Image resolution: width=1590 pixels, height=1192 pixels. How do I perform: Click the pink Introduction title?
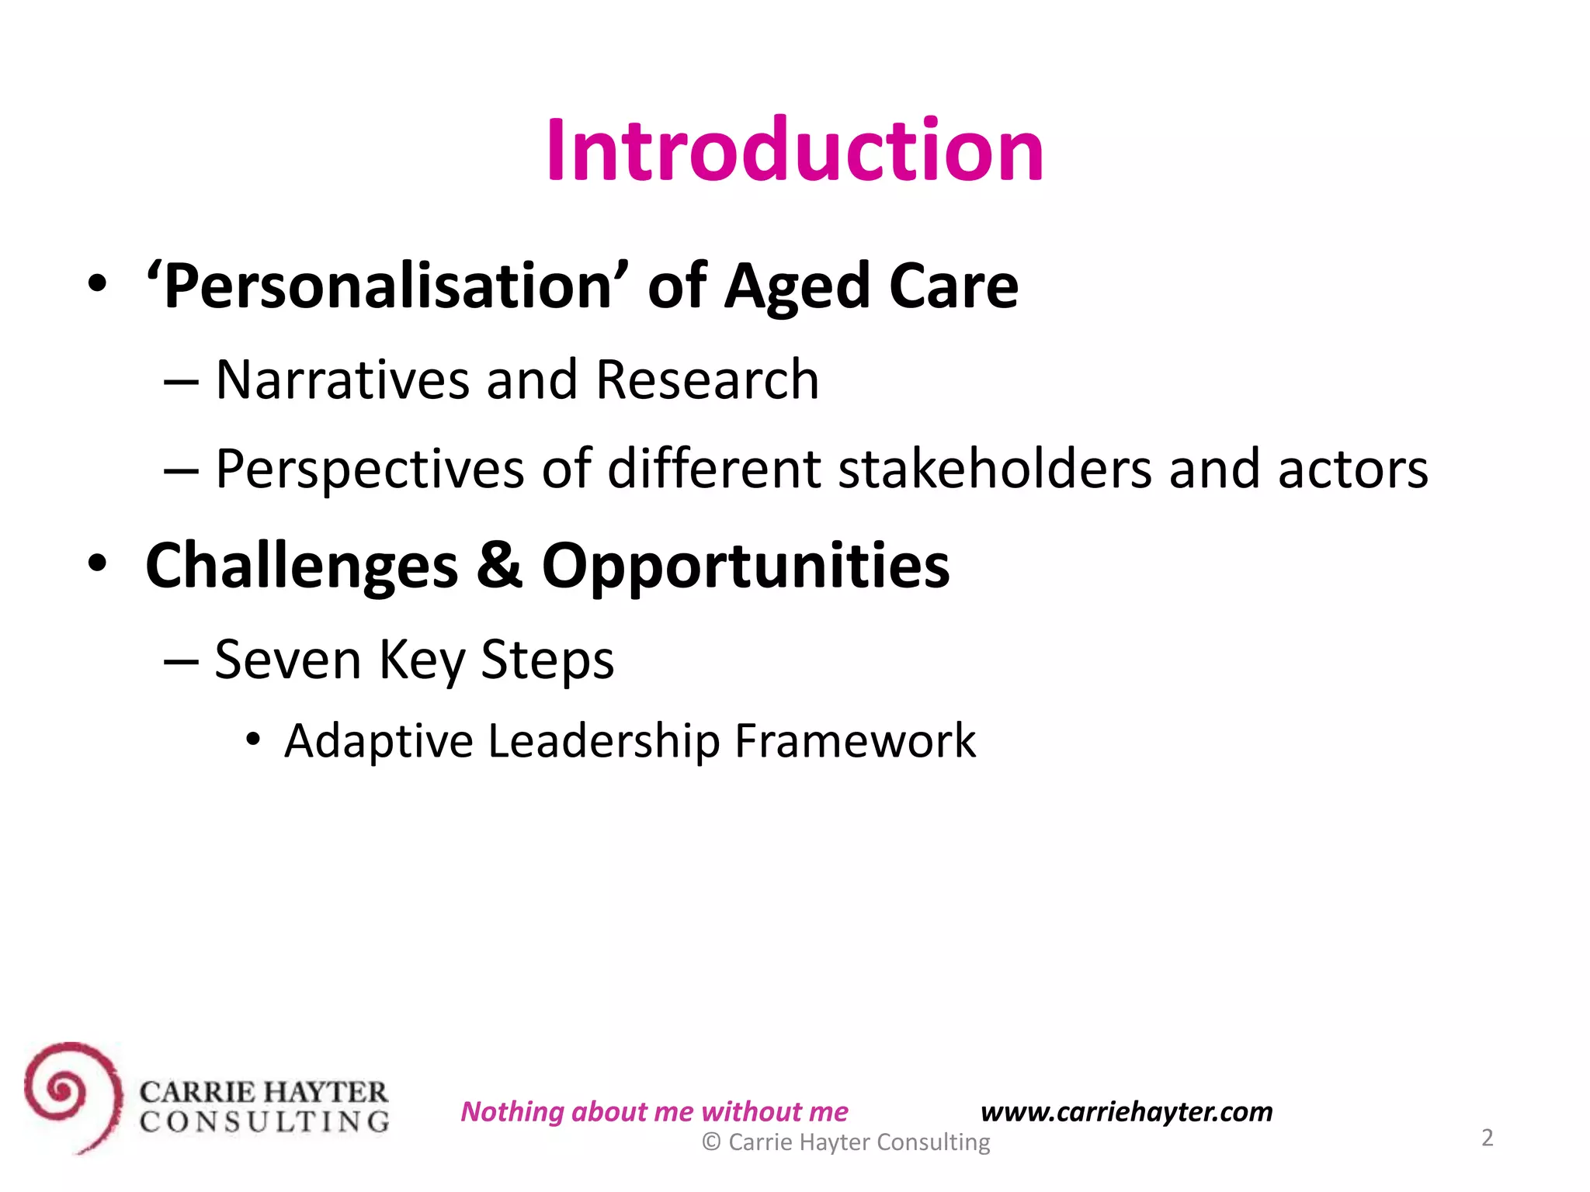(794, 150)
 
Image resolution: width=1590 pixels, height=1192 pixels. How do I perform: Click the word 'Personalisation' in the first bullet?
(388, 286)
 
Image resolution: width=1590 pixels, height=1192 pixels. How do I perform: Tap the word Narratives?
(342, 380)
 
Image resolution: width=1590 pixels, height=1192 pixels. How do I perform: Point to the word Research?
(706, 380)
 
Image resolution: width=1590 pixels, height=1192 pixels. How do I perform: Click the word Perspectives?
(370, 470)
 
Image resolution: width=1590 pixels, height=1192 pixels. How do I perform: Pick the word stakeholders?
(995, 469)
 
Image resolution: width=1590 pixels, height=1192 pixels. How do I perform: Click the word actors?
(1352, 470)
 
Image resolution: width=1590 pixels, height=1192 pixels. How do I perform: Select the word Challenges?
(301, 567)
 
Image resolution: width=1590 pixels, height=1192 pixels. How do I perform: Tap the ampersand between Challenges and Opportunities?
(498, 565)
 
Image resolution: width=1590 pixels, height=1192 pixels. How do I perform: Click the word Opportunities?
(745, 567)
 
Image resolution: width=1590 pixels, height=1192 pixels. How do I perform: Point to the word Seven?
(287, 660)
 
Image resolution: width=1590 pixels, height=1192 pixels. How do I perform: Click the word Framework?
(855, 740)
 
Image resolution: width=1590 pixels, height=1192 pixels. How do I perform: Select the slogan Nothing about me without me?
(654, 1111)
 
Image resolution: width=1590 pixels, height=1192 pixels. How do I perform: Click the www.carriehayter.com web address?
(1127, 1111)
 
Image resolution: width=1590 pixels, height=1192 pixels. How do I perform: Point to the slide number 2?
(1487, 1138)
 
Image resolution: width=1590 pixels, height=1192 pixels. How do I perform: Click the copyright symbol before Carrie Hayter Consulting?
(711, 1142)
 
